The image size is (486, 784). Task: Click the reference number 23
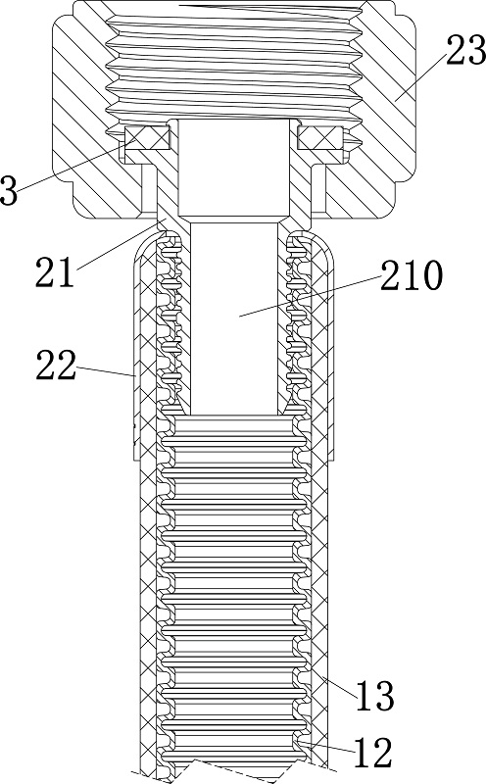[x=465, y=51]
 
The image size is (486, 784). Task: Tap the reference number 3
[x=9, y=190]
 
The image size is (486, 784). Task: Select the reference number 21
[x=55, y=271]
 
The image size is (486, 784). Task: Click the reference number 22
[x=56, y=365]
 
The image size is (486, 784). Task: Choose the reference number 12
[x=373, y=753]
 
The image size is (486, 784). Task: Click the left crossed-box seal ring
[x=148, y=138]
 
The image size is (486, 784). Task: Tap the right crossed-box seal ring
[x=320, y=138]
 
